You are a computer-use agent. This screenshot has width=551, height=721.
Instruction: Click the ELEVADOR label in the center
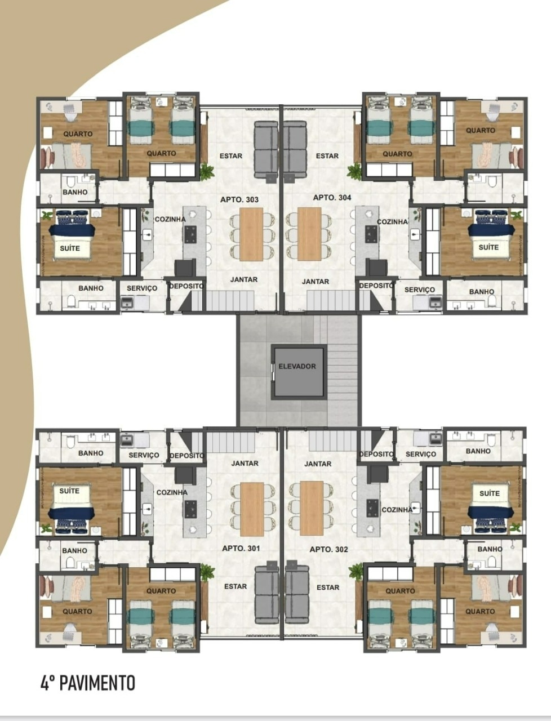[297, 366]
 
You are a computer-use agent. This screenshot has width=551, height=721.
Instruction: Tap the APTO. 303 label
[239, 199]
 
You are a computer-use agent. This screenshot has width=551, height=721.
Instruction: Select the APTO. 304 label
[332, 197]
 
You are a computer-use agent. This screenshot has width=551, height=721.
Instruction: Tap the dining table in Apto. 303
[251, 234]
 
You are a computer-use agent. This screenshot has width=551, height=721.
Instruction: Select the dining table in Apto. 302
[312, 508]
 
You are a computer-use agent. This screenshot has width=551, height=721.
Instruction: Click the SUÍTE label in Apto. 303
[70, 248]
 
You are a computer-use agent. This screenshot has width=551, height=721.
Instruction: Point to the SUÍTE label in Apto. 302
[489, 493]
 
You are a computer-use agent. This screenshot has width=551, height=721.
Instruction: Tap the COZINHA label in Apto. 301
[172, 492]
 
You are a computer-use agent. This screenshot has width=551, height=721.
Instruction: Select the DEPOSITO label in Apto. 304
[376, 286]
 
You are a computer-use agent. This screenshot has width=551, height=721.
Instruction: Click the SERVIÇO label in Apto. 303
[142, 288]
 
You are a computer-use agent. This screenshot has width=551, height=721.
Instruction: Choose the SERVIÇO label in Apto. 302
[420, 454]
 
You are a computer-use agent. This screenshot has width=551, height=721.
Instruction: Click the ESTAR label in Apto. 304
[327, 156]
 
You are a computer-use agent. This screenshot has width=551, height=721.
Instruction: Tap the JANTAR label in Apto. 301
[245, 464]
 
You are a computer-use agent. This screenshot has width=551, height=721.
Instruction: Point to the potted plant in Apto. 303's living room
[207, 171]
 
